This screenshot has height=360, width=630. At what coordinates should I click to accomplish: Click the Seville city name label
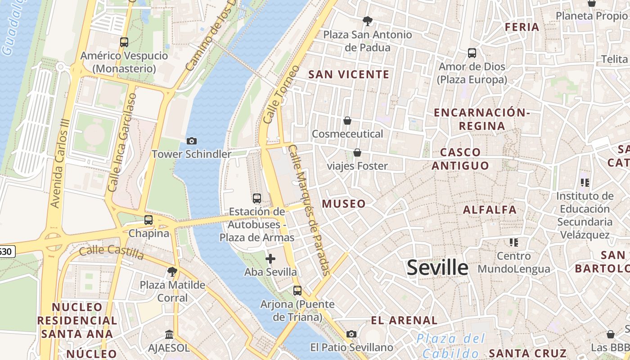tap(437, 268)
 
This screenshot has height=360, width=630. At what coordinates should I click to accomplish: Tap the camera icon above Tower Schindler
tap(192, 141)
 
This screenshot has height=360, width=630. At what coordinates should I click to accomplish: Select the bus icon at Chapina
tap(148, 220)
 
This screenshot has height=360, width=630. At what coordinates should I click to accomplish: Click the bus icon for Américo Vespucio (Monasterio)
tap(124, 42)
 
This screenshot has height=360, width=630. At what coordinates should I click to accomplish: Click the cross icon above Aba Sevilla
tap(270, 259)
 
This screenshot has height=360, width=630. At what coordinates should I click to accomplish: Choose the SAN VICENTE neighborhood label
tap(349, 75)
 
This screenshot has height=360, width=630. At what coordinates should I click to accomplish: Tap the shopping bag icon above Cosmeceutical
tap(347, 121)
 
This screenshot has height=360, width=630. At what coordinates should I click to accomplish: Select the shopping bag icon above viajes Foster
tap(357, 153)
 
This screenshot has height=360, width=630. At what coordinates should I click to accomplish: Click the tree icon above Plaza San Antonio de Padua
tap(368, 21)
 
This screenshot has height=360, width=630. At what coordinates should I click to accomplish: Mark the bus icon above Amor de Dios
tap(472, 53)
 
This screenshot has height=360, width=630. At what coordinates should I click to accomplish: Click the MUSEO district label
tap(344, 204)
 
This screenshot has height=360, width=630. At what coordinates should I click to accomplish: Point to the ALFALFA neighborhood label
tap(490, 210)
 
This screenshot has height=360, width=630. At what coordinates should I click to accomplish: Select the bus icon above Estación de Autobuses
tap(257, 198)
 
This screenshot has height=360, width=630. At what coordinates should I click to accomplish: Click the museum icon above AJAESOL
tap(169, 335)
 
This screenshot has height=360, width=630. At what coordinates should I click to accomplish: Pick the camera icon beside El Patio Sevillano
tap(351, 334)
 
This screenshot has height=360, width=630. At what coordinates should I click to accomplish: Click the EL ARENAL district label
tap(404, 320)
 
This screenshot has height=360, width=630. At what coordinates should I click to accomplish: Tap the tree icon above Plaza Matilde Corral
tap(172, 272)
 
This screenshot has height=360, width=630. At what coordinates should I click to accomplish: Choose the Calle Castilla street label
tap(111, 253)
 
